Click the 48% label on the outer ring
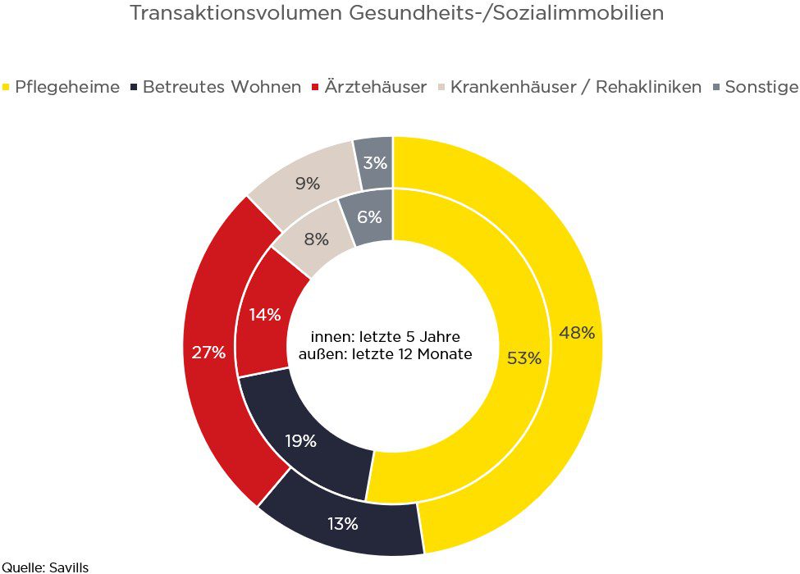(576, 332)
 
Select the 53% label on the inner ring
(523, 358)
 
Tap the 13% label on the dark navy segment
(341, 524)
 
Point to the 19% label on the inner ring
(300, 441)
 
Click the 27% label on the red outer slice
(208, 353)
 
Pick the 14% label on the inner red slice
(264, 314)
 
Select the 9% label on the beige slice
(307, 184)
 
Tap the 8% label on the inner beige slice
(316, 239)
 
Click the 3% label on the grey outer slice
(375, 162)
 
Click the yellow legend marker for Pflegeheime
(7, 87)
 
